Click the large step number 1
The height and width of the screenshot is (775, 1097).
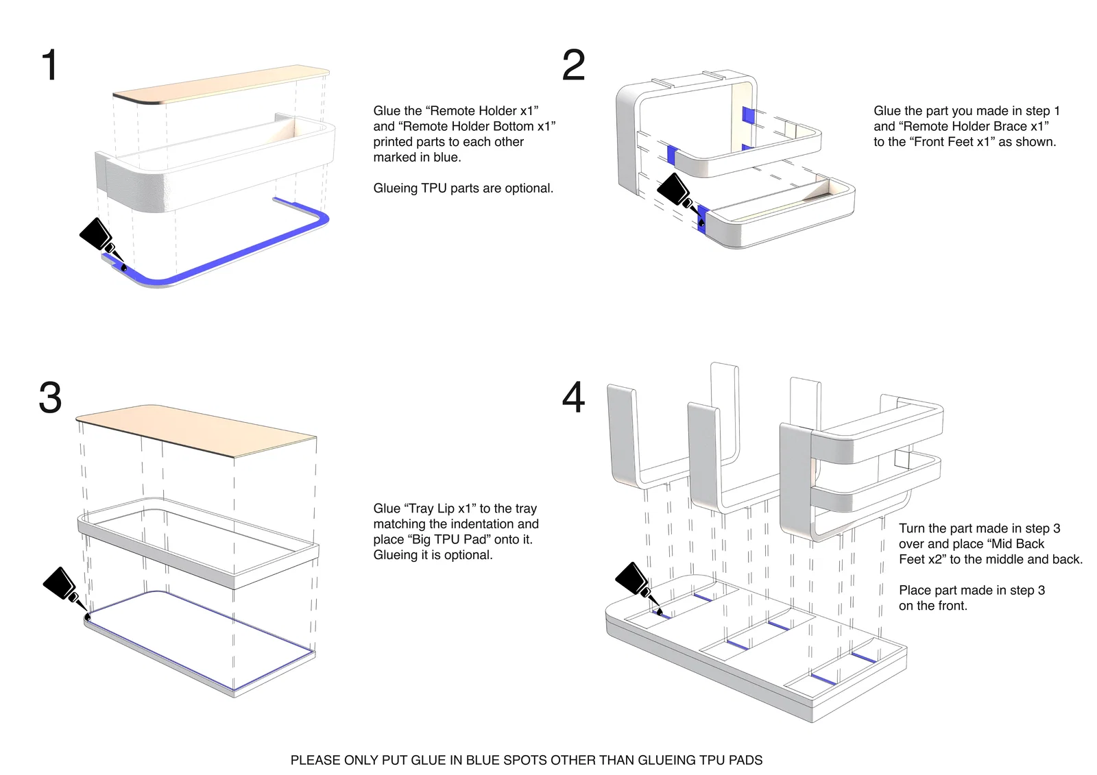click(49, 66)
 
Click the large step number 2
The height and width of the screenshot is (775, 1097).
click(573, 66)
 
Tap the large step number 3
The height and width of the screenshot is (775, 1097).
click(50, 397)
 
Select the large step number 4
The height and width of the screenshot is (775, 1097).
click(573, 397)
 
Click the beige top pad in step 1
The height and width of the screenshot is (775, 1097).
click(219, 86)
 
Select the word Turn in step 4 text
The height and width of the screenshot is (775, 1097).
click(912, 528)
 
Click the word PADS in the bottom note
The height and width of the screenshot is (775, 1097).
click(747, 760)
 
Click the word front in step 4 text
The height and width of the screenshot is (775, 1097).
click(947, 606)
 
